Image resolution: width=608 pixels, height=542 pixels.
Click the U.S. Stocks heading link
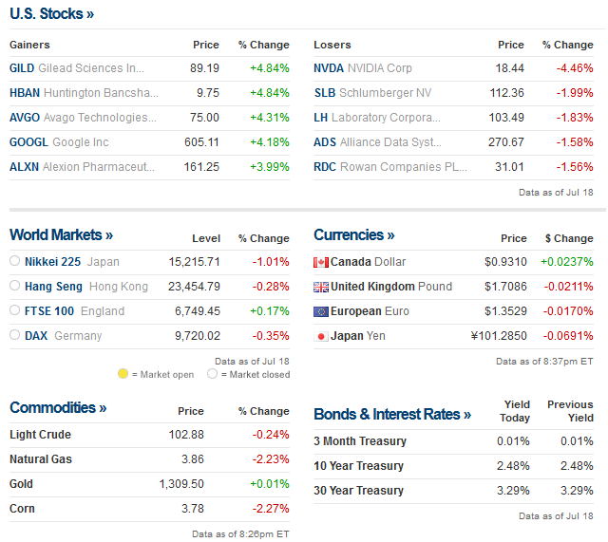point(51,14)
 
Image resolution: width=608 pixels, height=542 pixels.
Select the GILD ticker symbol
point(22,68)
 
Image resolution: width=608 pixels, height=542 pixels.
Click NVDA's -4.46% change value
point(574,68)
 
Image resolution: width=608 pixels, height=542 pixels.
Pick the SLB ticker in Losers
point(325,93)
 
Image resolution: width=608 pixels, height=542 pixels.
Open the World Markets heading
point(61,234)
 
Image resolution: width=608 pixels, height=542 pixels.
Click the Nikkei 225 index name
point(51,261)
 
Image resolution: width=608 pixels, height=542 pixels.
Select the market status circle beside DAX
point(15,335)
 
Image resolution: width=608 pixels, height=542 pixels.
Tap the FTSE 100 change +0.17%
point(272,310)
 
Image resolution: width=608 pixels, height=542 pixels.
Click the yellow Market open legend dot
point(123,374)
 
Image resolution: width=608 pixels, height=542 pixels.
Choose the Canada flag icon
point(321,262)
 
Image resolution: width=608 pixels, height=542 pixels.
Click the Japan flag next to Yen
point(321,336)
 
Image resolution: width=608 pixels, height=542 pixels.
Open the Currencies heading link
point(353,234)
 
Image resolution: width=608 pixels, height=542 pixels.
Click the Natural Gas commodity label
point(41,459)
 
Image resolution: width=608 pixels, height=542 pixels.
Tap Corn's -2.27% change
point(271,509)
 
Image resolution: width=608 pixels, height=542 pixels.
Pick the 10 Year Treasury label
point(358,466)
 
